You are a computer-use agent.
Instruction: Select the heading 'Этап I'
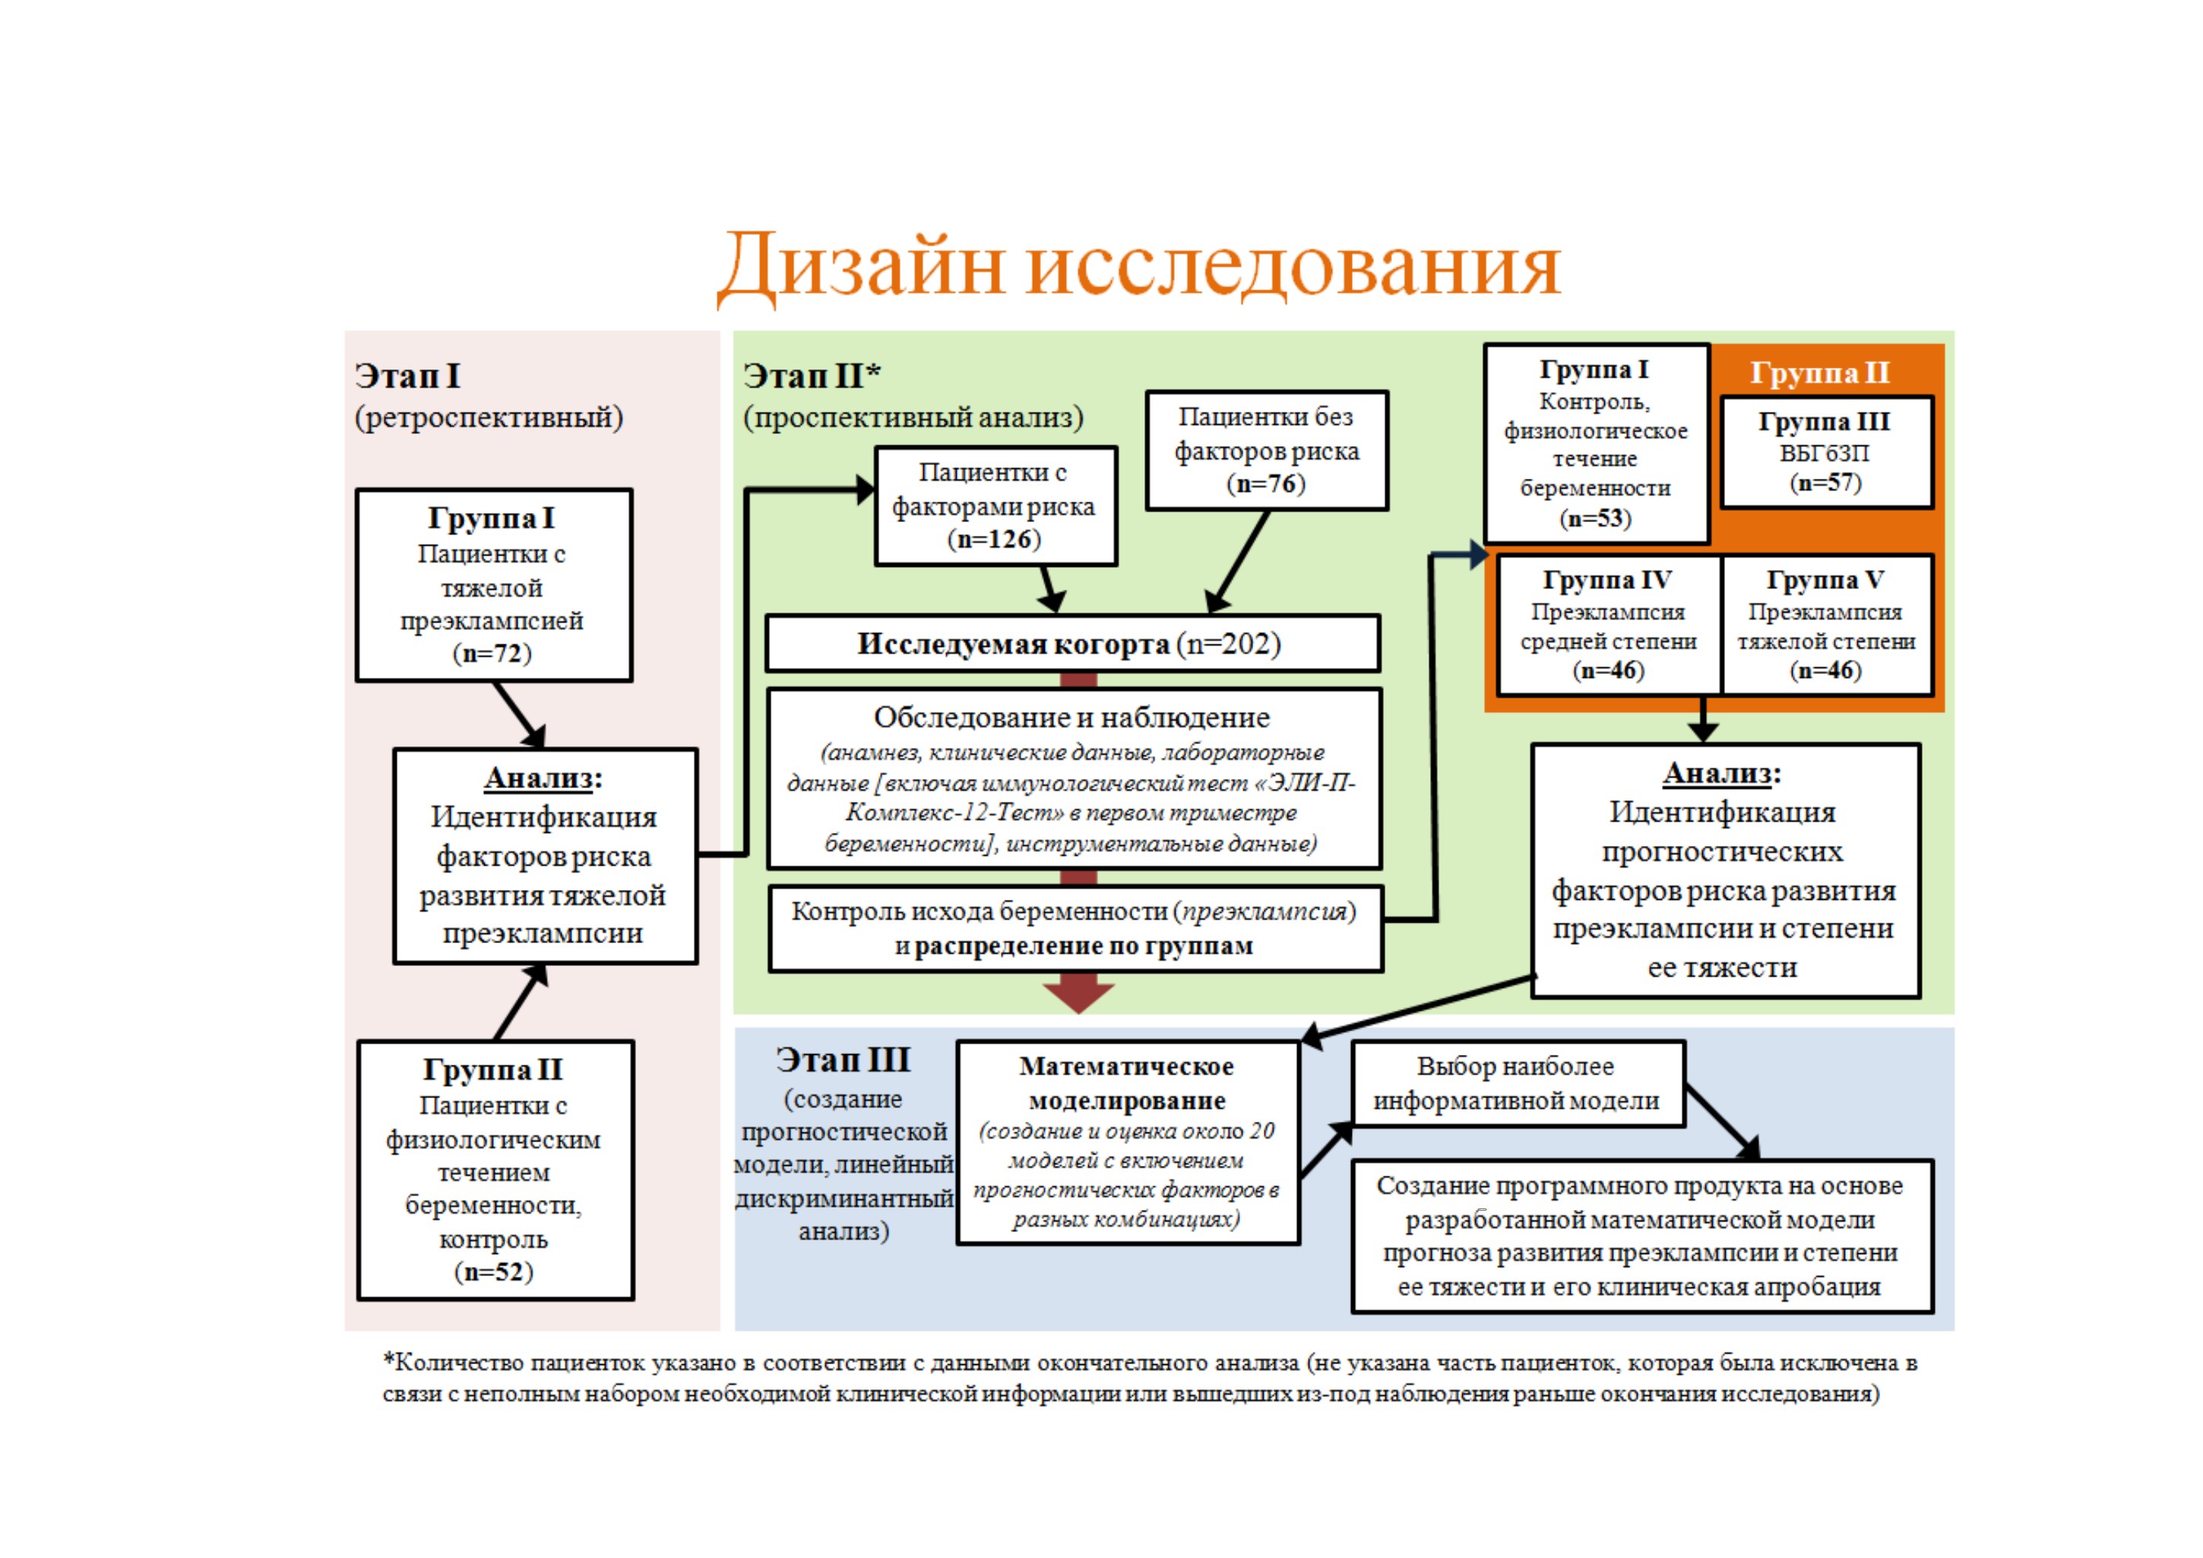coord(408,375)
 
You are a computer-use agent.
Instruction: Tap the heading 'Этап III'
coord(844,1060)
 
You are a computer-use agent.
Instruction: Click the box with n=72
coord(493,585)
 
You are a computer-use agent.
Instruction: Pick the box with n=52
coord(495,1170)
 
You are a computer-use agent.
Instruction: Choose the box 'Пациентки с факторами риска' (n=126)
coord(996,505)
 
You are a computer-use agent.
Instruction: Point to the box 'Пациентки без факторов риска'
coord(1267,450)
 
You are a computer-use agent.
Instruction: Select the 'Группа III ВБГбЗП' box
coord(1826,452)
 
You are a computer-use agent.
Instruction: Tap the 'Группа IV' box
coord(1609,625)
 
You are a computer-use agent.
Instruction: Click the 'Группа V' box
coord(1827,625)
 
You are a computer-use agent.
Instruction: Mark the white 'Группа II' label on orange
coord(1820,372)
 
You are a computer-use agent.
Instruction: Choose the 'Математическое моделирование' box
coord(1128,1142)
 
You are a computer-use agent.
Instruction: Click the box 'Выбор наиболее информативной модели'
coord(1518,1084)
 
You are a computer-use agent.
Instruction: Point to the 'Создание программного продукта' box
coord(1641,1237)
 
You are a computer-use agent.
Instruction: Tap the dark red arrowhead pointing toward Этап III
coord(1078,994)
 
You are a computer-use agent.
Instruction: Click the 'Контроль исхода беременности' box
coord(1075,929)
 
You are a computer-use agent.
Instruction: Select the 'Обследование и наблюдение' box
coord(1073,779)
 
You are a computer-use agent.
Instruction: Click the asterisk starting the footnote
coord(388,1360)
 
